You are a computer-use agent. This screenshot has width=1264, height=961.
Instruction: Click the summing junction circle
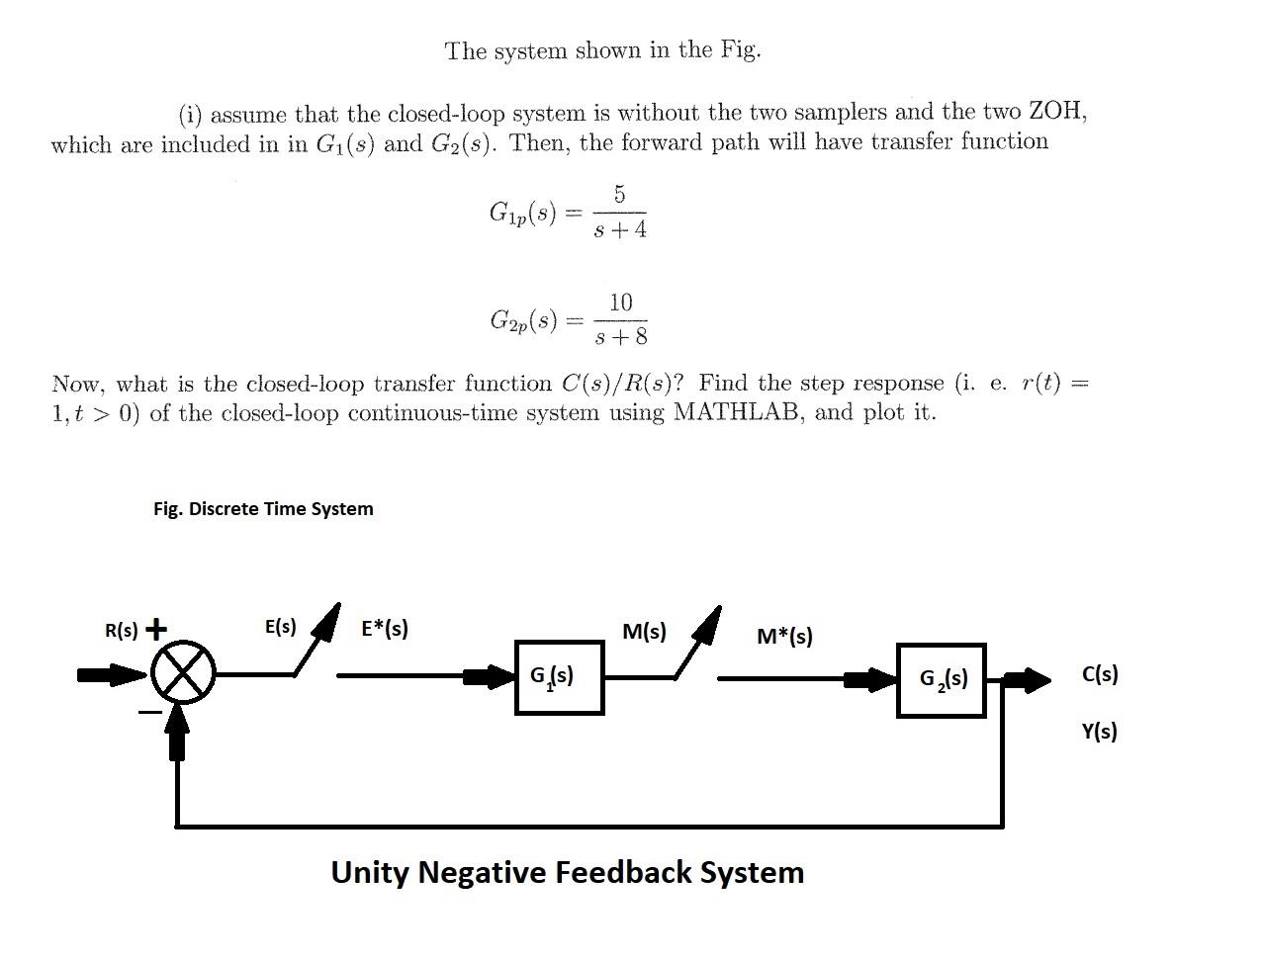(x=183, y=672)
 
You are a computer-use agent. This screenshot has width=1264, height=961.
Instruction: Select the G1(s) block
(x=559, y=677)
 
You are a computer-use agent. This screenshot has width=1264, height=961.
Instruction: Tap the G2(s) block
(x=941, y=679)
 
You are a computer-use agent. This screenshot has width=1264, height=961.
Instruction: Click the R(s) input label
(x=122, y=630)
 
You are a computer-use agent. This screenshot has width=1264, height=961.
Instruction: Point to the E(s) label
(x=280, y=626)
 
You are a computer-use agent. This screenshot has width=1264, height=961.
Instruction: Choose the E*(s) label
(x=385, y=628)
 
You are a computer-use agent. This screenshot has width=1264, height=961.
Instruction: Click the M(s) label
(x=644, y=631)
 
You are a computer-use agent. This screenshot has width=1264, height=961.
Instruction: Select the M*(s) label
(x=784, y=636)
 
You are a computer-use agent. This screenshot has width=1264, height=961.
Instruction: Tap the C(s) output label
(x=1100, y=674)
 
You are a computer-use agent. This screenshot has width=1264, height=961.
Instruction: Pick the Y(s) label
(x=1099, y=732)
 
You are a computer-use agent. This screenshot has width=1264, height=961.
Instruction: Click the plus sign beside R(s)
(x=156, y=629)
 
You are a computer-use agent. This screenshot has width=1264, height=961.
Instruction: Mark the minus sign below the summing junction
(x=149, y=711)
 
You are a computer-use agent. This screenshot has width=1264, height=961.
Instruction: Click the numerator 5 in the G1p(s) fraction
(x=619, y=195)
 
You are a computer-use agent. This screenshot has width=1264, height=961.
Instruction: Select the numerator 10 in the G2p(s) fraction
(x=620, y=303)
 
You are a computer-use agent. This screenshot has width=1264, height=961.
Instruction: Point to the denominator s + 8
(x=621, y=337)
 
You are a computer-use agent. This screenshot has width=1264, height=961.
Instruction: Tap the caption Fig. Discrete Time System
(x=263, y=509)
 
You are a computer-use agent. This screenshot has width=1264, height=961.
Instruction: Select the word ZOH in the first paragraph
(x=1055, y=112)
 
